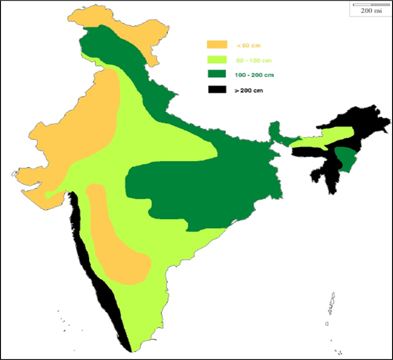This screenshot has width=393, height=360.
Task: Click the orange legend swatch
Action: coord(217,45)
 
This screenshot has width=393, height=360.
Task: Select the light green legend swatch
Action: coord(217,60)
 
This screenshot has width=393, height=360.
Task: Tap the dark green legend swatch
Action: coord(217,74)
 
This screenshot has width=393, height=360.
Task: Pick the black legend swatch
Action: coord(217,89)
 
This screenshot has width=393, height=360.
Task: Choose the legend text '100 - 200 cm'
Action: coord(253,75)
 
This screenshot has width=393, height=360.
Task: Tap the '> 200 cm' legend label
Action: coord(248,90)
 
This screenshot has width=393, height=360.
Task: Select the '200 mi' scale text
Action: coord(371,11)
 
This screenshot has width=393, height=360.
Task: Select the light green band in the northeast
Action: coord(326,137)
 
